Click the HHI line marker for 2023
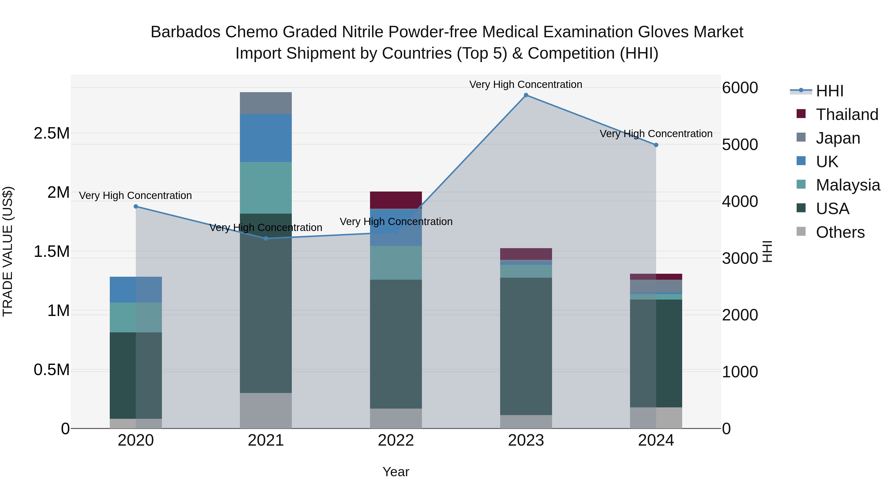tap(526, 95)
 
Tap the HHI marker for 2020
tap(136, 207)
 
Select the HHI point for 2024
tap(656, 145)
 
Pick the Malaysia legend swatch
tap(801, 184)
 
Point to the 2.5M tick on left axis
tap(52, 133)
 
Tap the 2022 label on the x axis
tap(396, 440)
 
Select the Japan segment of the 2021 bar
tap(266, 103)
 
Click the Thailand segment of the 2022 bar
tap(396, 200)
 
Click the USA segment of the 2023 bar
tap(526, 346)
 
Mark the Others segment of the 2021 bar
tap(266, 410)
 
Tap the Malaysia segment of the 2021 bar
tap(266, 188)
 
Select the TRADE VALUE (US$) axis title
tap(8, 251)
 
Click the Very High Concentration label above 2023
tap(525, 85)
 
